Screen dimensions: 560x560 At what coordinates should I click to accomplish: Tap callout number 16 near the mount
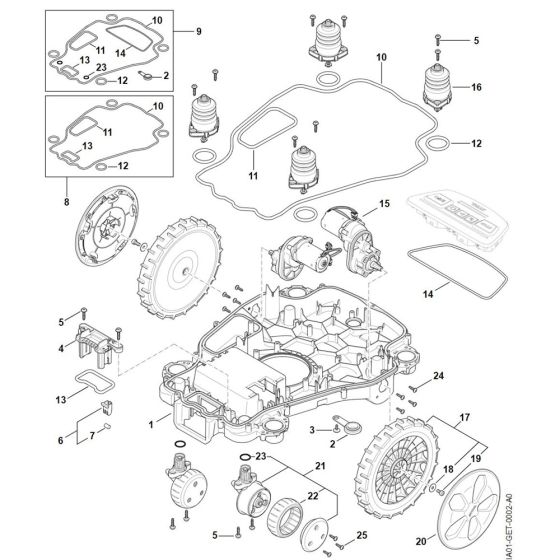pos(476,89)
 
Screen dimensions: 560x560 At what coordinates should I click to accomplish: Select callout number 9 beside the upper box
pos(197,31)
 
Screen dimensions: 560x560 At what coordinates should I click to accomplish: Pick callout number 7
pos(93,435)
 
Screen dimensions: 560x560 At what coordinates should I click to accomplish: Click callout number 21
pos(322,466)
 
